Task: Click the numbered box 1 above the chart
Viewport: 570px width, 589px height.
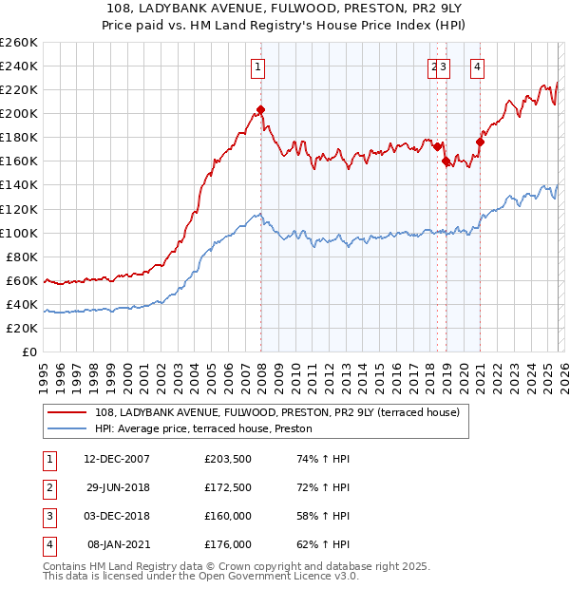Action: click(x=258, y=66)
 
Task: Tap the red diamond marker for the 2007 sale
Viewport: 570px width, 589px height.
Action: click(x=260, y=109)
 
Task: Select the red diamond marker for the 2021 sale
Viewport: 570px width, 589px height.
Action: click(x=480, y=142)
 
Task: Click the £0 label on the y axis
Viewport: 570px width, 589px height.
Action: click(x=28, y=351)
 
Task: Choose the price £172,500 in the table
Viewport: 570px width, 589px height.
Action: click(x=228, y=487)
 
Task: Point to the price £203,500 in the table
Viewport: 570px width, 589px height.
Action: click(x=228, y=459)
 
